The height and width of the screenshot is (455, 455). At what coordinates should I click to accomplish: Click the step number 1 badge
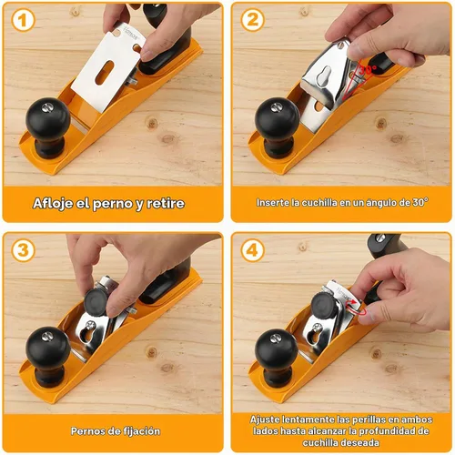23,21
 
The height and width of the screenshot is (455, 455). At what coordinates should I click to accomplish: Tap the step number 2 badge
253,21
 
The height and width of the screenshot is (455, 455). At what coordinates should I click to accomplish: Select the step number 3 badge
23,250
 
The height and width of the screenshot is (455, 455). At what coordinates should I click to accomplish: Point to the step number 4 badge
253,250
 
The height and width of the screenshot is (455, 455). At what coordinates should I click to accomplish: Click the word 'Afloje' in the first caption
52,203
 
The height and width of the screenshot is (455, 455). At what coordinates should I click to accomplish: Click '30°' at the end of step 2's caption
420,202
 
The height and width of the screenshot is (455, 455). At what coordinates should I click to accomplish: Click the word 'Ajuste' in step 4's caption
265,420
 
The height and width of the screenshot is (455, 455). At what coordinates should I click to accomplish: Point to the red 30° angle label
368,70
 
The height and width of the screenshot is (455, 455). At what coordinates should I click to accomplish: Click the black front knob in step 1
48,127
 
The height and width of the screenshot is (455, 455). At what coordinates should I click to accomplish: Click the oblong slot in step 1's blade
105,72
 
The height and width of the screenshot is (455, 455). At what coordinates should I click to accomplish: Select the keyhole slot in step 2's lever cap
324,76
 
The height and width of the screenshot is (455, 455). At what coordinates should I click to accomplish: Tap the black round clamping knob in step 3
96,301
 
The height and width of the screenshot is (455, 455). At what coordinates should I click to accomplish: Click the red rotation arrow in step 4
357,308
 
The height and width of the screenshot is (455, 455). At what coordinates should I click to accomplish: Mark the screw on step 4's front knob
276,338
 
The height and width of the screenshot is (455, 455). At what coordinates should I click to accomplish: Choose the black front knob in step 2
278,127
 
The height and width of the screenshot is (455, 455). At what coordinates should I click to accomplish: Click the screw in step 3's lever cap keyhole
90,325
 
